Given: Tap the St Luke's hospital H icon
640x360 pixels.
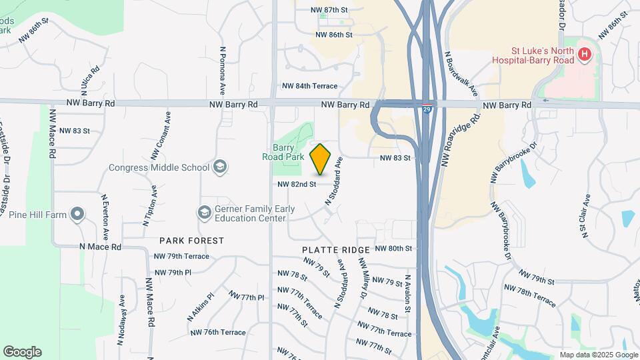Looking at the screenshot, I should tap(585, 54).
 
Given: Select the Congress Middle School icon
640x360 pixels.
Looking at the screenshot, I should tap(220, 167).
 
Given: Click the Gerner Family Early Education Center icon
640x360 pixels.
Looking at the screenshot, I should tap(204, 213).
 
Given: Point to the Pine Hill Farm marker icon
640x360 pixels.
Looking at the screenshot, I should tap(78, 215).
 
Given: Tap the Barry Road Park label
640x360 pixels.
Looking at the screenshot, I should tap(288, 152).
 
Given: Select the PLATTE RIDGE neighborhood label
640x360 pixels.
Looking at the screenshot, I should tap(336, 249).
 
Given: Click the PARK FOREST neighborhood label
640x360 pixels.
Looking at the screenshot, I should tap(191, 240).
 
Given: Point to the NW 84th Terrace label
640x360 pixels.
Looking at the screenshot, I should tap(309, 86).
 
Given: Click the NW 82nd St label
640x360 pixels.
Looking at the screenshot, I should tap(296, 184).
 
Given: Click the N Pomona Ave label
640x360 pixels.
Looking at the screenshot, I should tap(223, 71).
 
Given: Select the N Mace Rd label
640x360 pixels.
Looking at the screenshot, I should tap(100, 246).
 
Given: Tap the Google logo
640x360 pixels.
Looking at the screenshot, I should tap(22, 352).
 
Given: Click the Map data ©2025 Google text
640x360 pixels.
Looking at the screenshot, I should tap(598, 355).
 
